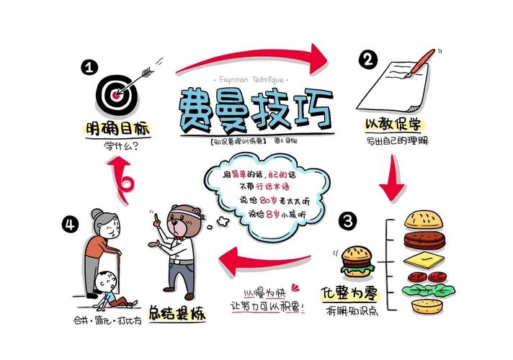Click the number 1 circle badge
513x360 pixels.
(89, 68)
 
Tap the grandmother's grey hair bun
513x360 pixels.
(97, 215)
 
